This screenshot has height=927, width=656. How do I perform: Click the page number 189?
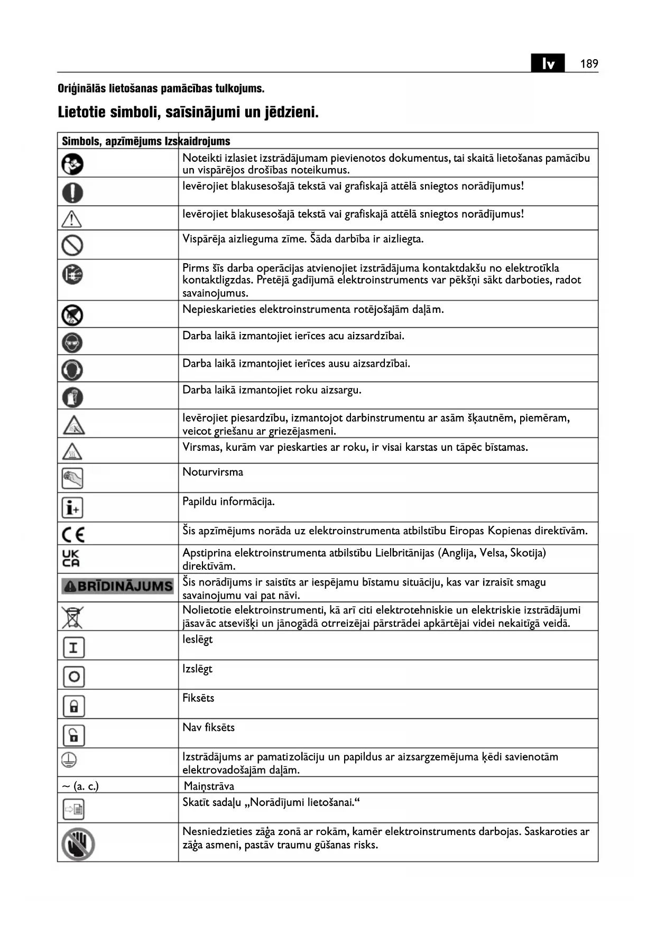point(589,64)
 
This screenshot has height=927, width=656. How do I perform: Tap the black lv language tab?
point(548,63)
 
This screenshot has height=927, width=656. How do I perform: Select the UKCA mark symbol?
point(71,558)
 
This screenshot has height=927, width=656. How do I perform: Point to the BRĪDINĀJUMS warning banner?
point(117,586)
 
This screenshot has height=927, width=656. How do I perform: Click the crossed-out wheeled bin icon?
point(72,617)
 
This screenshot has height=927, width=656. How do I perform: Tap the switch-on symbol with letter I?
point(73,647)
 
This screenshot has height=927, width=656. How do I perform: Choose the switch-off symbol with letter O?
point(73,676)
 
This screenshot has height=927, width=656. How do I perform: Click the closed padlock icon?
point(73,706)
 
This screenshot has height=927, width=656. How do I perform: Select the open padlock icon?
point(73,735)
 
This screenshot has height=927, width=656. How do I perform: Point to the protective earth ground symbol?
point(69,760)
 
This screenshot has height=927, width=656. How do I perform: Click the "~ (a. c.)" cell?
point(80,786)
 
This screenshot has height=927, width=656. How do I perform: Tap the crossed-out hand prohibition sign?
point(78,844)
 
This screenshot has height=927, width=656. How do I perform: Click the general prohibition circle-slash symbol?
point(72,245)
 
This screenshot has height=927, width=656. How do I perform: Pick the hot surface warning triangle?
point(72,451)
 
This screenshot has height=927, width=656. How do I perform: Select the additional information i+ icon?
point(73,507)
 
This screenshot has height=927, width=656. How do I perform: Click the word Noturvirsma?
point(212,472)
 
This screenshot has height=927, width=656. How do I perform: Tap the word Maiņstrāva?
point(209,786)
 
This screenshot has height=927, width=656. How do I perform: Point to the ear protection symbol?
point(72,369)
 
